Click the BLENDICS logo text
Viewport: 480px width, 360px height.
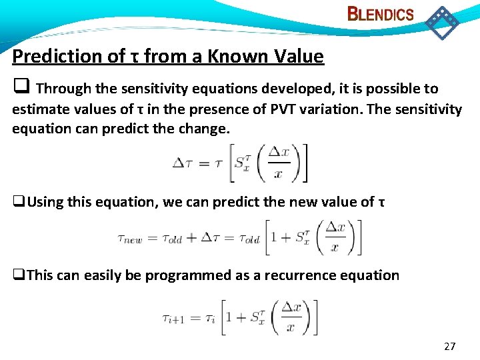tap(381, 14)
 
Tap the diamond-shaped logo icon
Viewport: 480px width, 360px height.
tap(442, 22)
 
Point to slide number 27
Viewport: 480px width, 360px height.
tap(450, 346)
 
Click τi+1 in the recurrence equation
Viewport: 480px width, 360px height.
tap(173, 319)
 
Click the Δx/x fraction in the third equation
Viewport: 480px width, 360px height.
tap(290, 317)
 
